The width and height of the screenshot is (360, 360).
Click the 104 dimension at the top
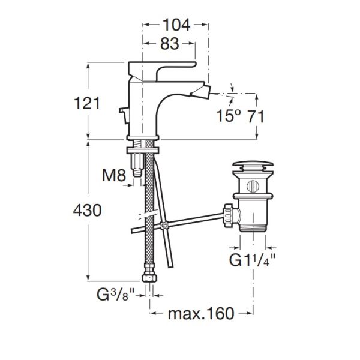pos(176,25)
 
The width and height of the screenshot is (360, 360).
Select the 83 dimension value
pos(169,44)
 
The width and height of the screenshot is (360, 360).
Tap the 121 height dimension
pos(87,103)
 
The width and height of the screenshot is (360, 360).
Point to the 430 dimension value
pos(87,210)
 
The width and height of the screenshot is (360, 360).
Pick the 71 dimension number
pos(256,116)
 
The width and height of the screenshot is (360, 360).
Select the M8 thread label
pos(114,175)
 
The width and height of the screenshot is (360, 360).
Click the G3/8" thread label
pos(115,295)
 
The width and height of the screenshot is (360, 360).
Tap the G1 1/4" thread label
pos(253,260)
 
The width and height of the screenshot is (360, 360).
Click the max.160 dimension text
pos(201,314)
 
